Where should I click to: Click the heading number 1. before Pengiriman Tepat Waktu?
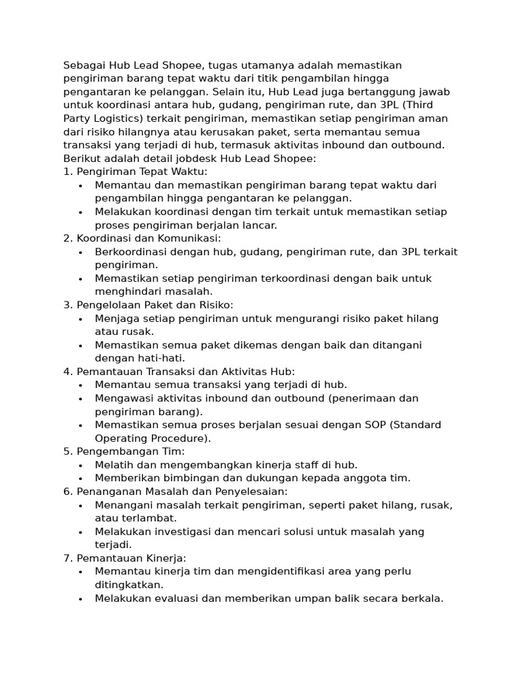click(68, 172)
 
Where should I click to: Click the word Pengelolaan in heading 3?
click(108, 305)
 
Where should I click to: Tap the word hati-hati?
click(161, 358)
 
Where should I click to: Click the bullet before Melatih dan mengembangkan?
click(80, 465)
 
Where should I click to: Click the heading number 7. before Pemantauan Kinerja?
click(68, 558)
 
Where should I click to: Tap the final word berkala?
click(422, 598)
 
